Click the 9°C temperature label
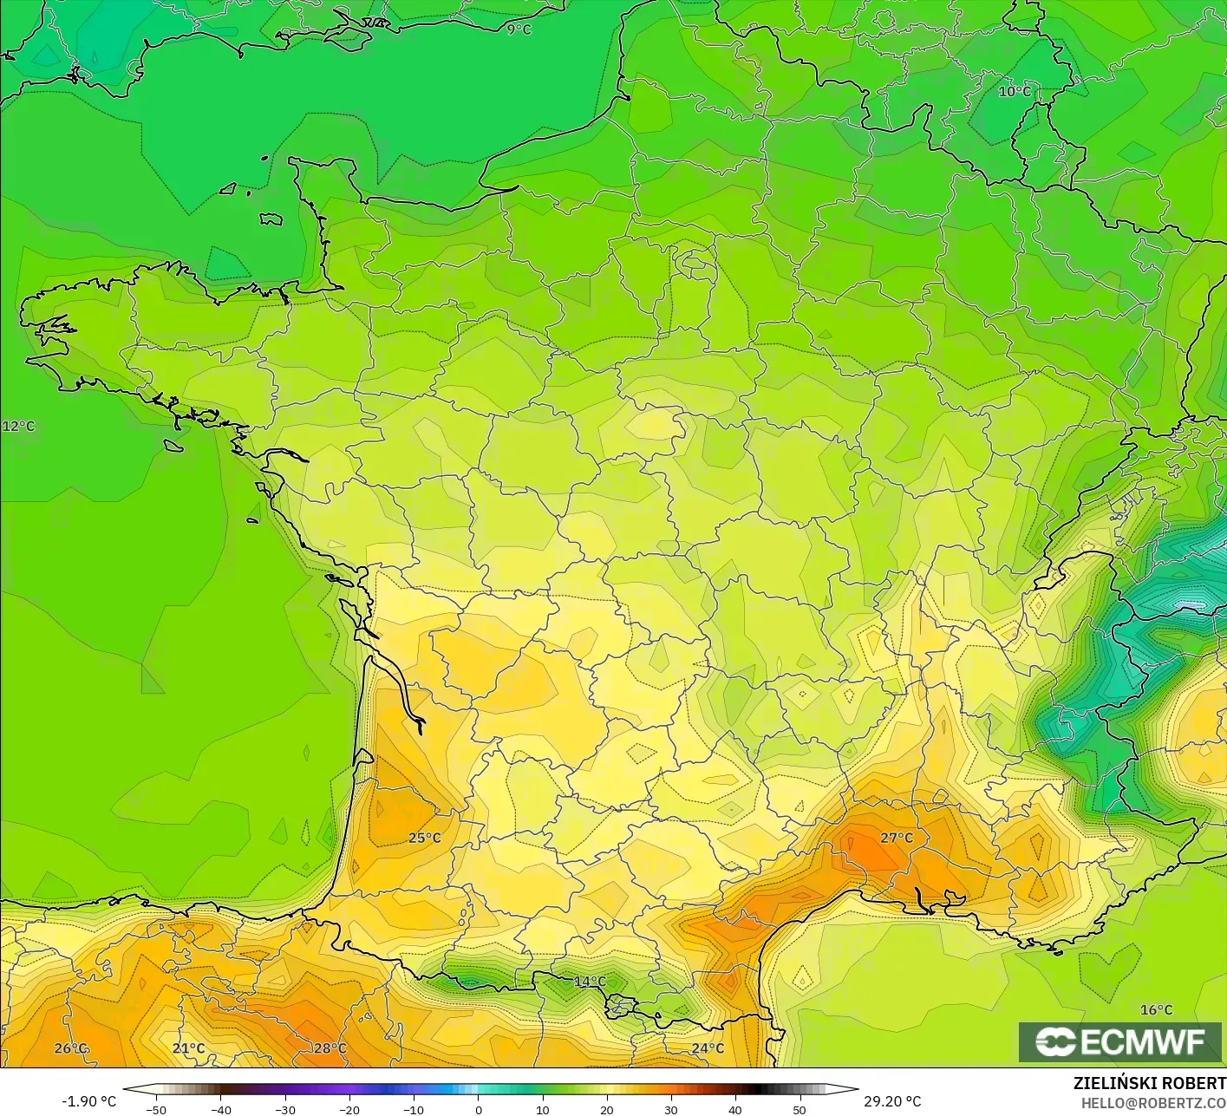pos(519,29)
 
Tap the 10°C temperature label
pos(1014,91)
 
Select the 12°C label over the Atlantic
pos(18,426)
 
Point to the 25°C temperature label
pos(425,838)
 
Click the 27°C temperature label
pos(897,838)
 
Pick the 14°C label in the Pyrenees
pos(590,982)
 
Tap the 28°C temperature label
pos(330,1048)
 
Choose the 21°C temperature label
pos(188,1048)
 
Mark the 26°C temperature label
pos(71,1048)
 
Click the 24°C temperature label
pos(708,1048)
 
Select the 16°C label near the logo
pos(1156,1009)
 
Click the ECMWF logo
pos(1120,1042)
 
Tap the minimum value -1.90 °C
pos(88,1101)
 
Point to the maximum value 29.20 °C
pos(892,1101)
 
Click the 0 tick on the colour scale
pos(478,1109)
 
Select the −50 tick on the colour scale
pos(156,1109)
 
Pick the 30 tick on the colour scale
pos(670,1109)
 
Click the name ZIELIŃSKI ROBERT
pos(1149,1083)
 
